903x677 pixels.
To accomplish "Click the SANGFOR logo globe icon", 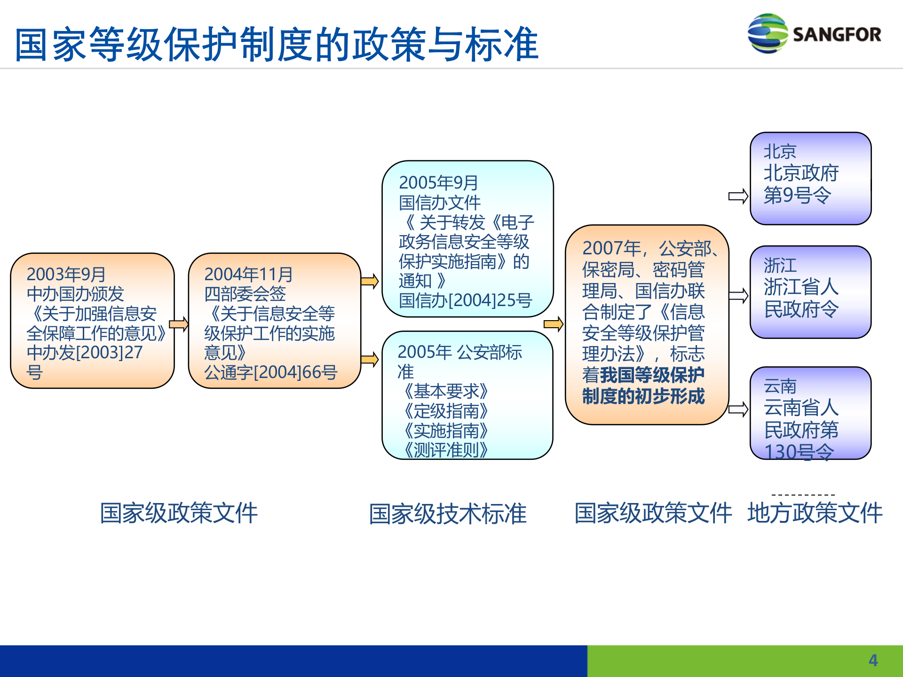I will click(767, 33).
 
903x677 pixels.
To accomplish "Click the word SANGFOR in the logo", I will click(837, 34).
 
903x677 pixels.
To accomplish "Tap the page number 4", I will click(873, 661).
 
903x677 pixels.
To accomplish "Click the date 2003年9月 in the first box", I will click(66, 274).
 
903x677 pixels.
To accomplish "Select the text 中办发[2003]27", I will click(85, 353).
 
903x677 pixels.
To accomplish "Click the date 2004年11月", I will click(248, 274).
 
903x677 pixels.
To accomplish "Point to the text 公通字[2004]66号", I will click(270, 372).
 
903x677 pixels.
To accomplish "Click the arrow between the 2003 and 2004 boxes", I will click(179, 324).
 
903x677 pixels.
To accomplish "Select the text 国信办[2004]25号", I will click(465, 300).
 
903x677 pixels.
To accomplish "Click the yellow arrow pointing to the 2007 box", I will click(554, 324).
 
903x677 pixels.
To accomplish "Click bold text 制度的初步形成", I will click(643, 396).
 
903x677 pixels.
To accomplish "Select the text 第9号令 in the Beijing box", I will click(797, 195).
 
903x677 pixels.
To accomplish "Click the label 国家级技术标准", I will click(447, 513).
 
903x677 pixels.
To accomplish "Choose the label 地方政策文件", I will click(815, 513).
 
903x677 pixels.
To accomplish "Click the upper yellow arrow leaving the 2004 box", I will click(370, 282).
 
